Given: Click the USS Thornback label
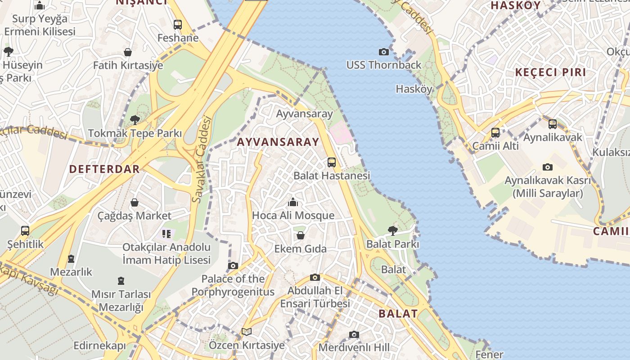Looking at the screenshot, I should click(383, 65).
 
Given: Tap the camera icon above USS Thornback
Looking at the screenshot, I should click(383, 52).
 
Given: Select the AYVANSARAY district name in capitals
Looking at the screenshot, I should click(278, 142).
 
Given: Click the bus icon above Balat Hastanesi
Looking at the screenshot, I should click(332, 162).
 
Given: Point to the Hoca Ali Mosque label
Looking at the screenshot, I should click(293, 216).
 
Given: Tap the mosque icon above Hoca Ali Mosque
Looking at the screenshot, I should click(293, 202).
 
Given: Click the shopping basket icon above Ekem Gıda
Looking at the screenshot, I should click(300, 235).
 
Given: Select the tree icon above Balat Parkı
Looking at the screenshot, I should click(392, 231).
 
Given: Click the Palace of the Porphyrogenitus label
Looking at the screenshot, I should click(233, 285).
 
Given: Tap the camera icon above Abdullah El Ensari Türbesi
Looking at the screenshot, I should click(315, 277).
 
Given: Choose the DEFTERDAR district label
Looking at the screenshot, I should click(104, 169).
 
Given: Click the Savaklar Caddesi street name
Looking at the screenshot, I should click(202, 159).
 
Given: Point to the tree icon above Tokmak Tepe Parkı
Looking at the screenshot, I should click(135, 120).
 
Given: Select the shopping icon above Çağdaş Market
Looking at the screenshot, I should click(134, 202).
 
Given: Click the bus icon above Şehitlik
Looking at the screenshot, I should click(25, 231).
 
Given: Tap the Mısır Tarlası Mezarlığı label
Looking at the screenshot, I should click(121, 301).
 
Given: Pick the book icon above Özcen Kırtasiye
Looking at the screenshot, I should click(246, 332).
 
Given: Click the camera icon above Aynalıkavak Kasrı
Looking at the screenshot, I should click(547, 167).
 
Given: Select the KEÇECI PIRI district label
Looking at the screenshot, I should click(550, 72).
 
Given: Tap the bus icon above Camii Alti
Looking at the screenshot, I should click(495, 133).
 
